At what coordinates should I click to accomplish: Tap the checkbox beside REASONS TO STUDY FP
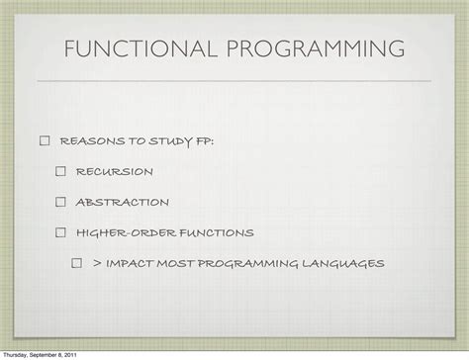pyautogui.click(x=45, y=141)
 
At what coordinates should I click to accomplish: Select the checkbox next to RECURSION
pyautogui.click(x=60, y=172)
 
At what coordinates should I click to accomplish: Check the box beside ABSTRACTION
pyautogui.click(x=60, y=203)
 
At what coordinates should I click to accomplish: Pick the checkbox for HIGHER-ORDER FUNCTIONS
pyautogui.click(x=60, y=233)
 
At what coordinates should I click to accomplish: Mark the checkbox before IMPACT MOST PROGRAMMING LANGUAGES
pyautogui.click(x=76, y=264)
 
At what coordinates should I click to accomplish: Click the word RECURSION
pyautogui.click(x=114, y=172)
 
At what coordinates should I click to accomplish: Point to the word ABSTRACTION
pyautogui.click(x=122, y=203)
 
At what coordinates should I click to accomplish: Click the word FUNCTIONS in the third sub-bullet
pyautogui.click(x=215, y=233)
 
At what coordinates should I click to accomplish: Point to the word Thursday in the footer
pyautogui.click(x=17, y=355)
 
